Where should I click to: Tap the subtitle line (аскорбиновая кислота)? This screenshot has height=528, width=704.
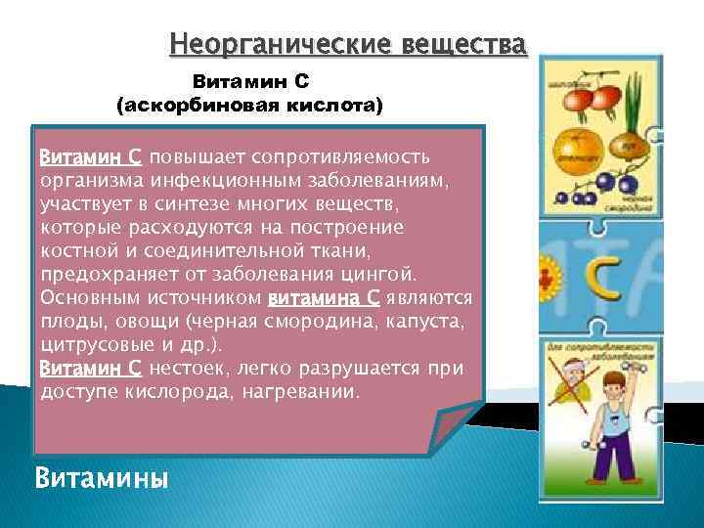[250, 103]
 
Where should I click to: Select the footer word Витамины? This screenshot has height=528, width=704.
[101, 478]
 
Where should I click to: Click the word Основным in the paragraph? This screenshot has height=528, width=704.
[88, 297]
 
